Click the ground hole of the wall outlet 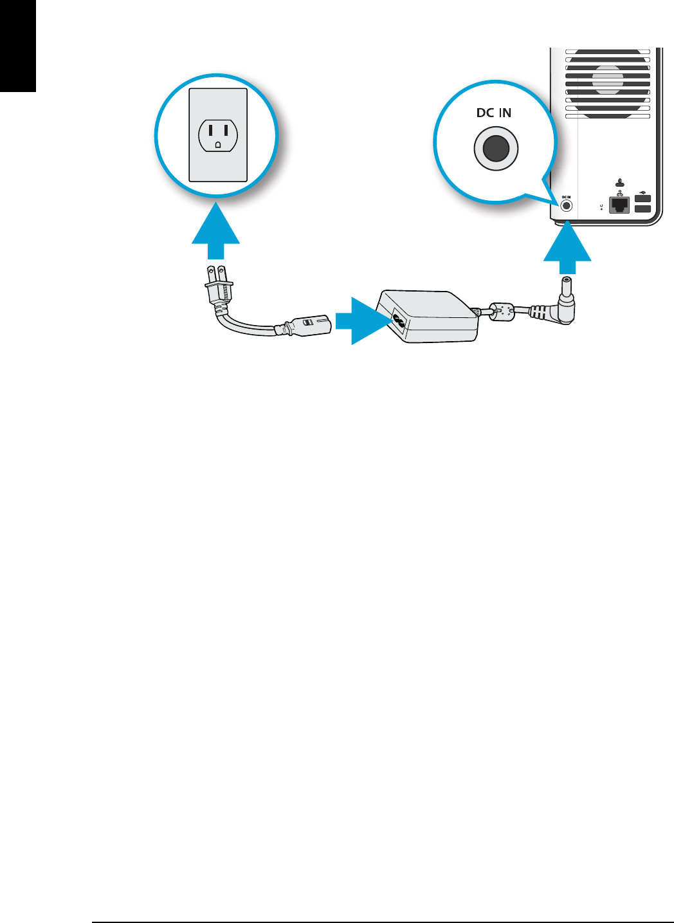[218, 145]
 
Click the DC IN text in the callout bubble [494, 113]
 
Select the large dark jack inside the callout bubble [495, 149]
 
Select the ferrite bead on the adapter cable [502, 312]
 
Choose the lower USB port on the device [642, 209]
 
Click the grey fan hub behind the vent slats [608, 79]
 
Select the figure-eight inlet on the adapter [398, 320]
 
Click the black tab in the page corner [17, 45]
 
